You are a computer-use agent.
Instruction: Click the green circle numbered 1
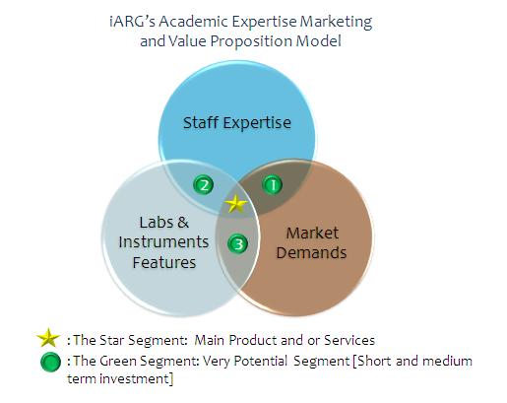pos(272,185)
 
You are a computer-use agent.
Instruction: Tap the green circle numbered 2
pos(204,184)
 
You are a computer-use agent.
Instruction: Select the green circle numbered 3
pos(237,243)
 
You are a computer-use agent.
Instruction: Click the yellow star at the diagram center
pos(236,204)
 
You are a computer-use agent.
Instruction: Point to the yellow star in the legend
pos(48,338)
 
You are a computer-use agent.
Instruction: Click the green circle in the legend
pos(50,362)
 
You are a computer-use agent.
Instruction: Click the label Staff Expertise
pos(237,123)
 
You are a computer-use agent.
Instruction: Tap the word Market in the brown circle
pos(312,233)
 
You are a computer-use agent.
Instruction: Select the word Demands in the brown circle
pos(311,252)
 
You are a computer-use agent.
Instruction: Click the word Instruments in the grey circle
pos(163,242)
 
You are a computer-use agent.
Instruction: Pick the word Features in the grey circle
pos(164,262)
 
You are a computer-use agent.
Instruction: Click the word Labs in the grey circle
pos(155,223)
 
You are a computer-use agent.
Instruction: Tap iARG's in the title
pos(132,22)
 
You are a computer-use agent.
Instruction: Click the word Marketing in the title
pos(336,23)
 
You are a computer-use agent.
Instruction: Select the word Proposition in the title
pos(251,42)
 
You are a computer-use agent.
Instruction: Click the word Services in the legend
pos(349,340)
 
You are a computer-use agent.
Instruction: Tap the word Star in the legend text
pos(110,340)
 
